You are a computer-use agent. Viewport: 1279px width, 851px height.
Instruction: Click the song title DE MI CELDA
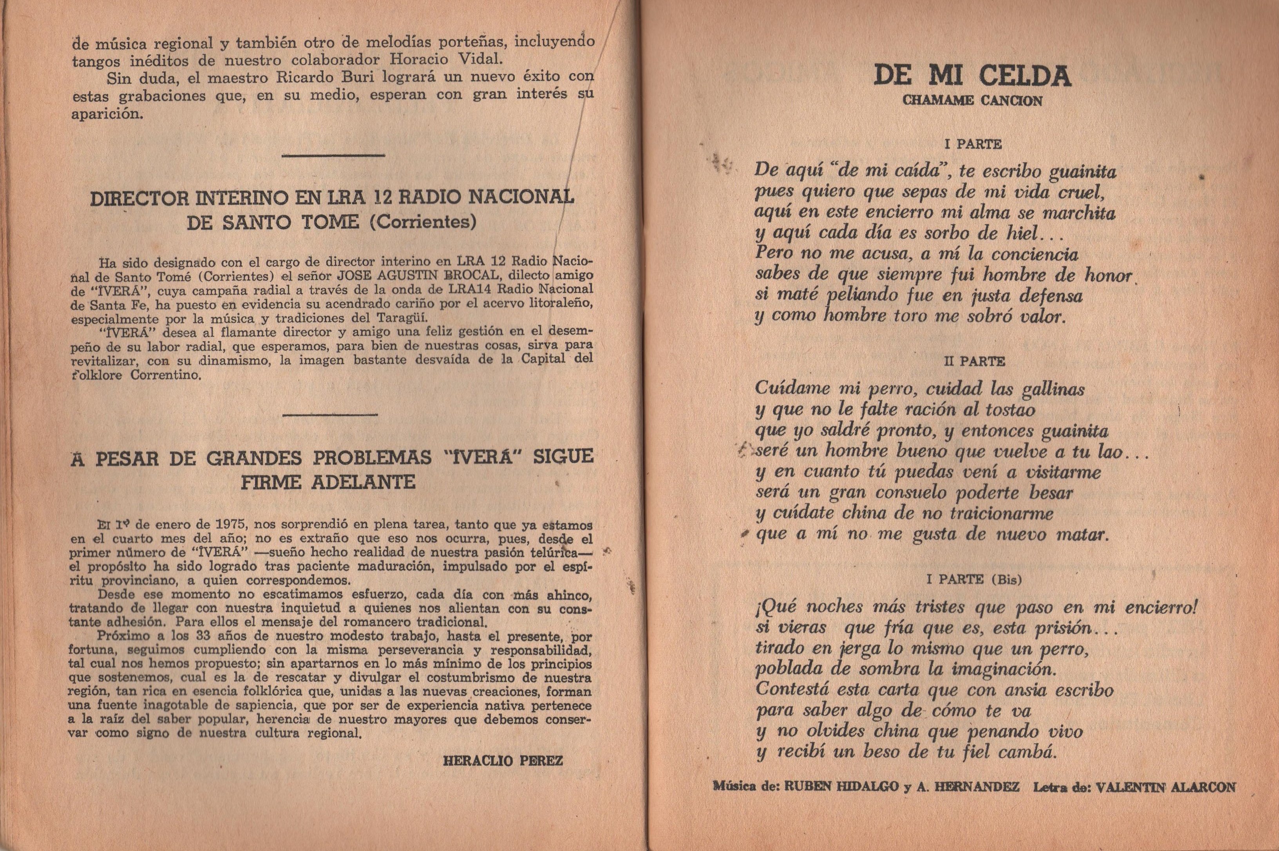[972, 76]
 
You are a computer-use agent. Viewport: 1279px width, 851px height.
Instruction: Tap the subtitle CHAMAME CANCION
[972, 101]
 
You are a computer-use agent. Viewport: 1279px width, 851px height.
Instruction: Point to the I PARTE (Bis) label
[974, 580]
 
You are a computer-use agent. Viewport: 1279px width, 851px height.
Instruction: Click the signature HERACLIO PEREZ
[503, 761]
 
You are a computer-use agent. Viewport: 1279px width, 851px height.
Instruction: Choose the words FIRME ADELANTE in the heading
[328, 482]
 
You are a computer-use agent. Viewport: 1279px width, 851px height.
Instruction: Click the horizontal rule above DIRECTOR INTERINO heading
[333, 156]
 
